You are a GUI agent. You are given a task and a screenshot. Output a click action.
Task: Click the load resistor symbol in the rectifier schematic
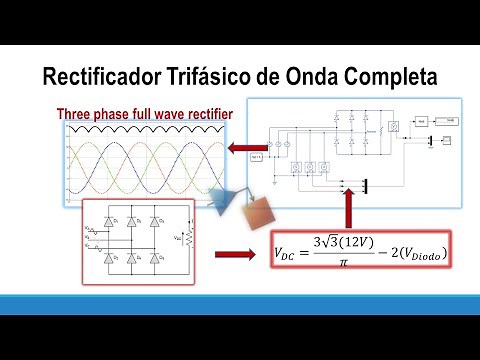point(183,238)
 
